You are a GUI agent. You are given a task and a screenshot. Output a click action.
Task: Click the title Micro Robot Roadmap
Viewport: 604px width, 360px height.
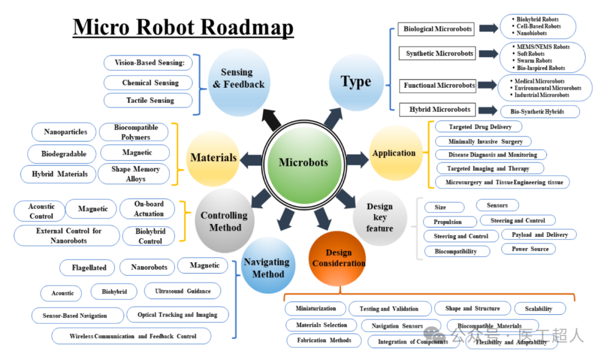coord(183,26)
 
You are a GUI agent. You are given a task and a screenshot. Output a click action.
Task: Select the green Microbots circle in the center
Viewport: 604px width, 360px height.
coord(303,162)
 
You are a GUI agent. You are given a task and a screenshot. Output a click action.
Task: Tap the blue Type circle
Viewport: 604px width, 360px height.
coord(356,82)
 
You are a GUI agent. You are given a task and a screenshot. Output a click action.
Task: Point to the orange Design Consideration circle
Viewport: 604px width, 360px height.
coord(338,258)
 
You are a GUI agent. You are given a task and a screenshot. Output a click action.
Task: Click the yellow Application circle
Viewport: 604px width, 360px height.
coord(394,153)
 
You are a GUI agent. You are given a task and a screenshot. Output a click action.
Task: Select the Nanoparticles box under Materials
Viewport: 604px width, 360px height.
coord(66,132)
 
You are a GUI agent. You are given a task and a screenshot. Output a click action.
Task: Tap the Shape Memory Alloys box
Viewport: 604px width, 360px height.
coord(135,174)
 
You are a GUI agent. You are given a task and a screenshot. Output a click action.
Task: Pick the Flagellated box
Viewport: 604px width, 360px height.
coord(89,268)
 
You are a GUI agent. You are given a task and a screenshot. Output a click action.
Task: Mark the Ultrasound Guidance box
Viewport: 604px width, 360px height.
coord(182,291)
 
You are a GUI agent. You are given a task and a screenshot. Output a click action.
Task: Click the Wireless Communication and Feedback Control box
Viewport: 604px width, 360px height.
coord(133,337)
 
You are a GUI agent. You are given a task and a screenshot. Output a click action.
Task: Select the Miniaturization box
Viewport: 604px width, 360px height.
coord(315,309)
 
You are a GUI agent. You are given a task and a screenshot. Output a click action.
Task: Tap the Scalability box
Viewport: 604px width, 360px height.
coord(538,309)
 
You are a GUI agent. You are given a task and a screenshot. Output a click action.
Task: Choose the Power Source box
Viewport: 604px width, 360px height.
coord(530,249)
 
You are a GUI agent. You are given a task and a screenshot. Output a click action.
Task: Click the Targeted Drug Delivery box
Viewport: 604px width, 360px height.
coord(480,127)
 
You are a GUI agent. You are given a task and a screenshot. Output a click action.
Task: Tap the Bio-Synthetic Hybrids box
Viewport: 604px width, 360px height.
coord(540,112)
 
